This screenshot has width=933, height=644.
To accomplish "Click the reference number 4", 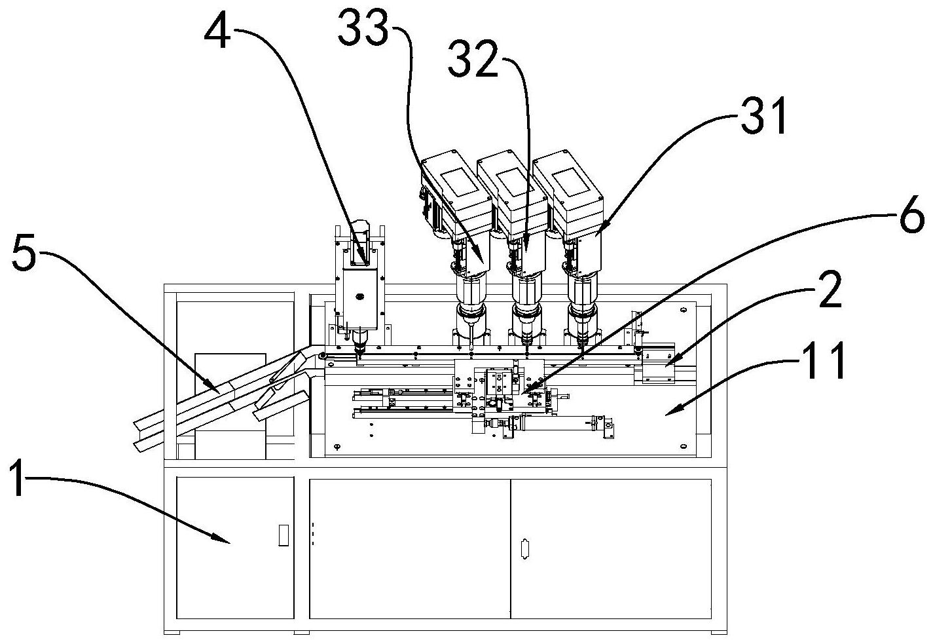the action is pyautogui.click(x=217, y=33).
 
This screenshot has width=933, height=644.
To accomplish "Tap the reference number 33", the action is pyautogui.click(x=363, y=29).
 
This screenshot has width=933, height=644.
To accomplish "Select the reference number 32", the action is pyautogui.click(x=473, y=59).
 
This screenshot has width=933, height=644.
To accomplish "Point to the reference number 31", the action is pyautogui.click(x=764, y=116).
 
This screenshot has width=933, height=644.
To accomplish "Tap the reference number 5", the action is pyautogui.click(x=25, y=254).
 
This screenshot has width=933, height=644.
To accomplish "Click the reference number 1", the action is pyautogui.click(x=17, y=478).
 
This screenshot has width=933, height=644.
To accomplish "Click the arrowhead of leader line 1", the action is pyautogui.click(x=227, y=542).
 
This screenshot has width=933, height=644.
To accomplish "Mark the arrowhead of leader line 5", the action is pyautogui.click(x=217, y=391).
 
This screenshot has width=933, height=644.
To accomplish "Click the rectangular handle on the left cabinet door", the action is pyautogui.click(x=284, y=535).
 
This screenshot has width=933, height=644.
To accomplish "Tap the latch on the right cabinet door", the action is pyautogui.click(x=525, y=550).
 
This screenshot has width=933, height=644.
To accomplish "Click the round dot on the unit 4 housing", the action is pyautogui.click(x=359, y=296).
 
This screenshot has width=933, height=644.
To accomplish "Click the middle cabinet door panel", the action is pyautogui.click(x=410, y=549).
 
